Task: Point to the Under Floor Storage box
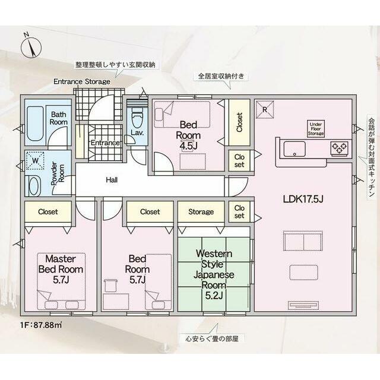(315, 128)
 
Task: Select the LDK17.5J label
(302, 198)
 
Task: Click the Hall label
(111, 179)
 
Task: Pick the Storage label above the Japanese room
(201, 211)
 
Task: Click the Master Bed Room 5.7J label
(60, 269)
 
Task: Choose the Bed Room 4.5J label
(188, 134)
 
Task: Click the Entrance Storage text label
(81, 81)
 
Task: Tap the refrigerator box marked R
(264, 109)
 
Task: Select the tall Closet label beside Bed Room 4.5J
(239, 123)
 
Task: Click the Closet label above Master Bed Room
(49, 211)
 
